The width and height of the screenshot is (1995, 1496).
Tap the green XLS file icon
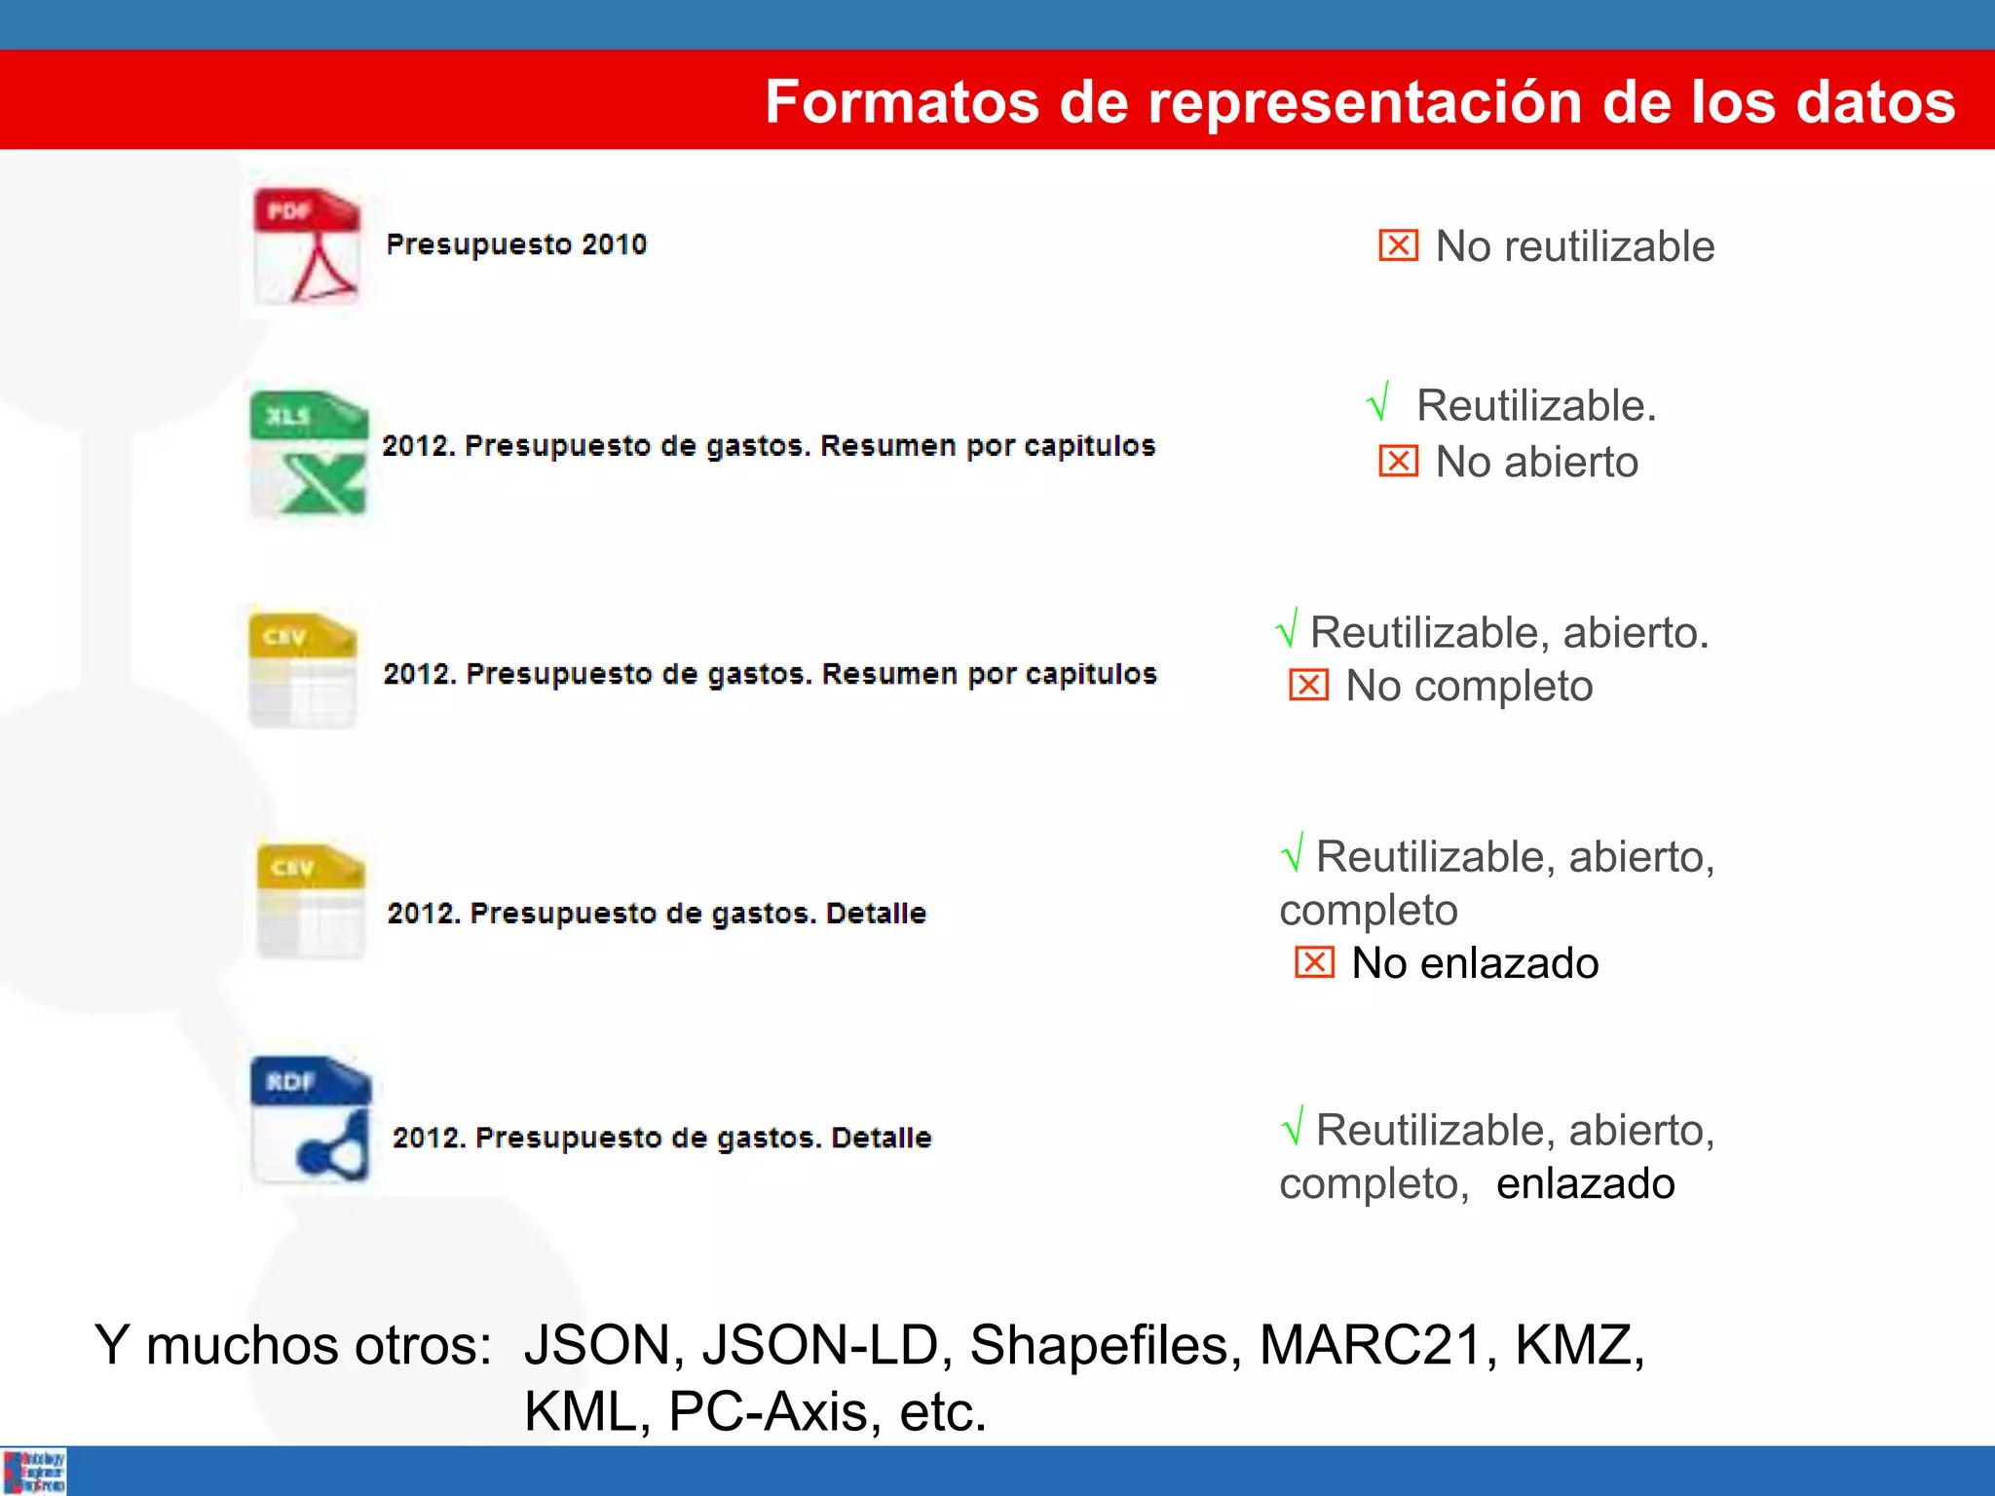point(309,452)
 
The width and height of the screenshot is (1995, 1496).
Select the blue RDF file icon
point(311,1119)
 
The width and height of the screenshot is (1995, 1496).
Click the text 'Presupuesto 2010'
point(516,244)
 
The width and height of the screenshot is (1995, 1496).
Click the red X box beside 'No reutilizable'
point(1398,245)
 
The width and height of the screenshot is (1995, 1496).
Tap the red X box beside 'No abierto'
point(1398,461)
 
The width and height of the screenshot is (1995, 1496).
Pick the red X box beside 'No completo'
point(1308,686)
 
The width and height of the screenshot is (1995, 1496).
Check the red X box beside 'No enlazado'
point(1314,962)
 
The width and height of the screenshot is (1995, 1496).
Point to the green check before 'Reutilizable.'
point(1378,401)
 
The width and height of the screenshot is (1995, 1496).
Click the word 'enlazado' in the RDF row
point(1585,1183)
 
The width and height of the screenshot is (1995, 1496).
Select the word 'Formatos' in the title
point(902,101)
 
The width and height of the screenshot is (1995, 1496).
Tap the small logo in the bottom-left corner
point(34,1471)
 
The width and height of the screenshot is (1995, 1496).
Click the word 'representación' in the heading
point(1364,103)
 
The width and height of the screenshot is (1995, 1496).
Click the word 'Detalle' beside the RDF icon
point(881,1138)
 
